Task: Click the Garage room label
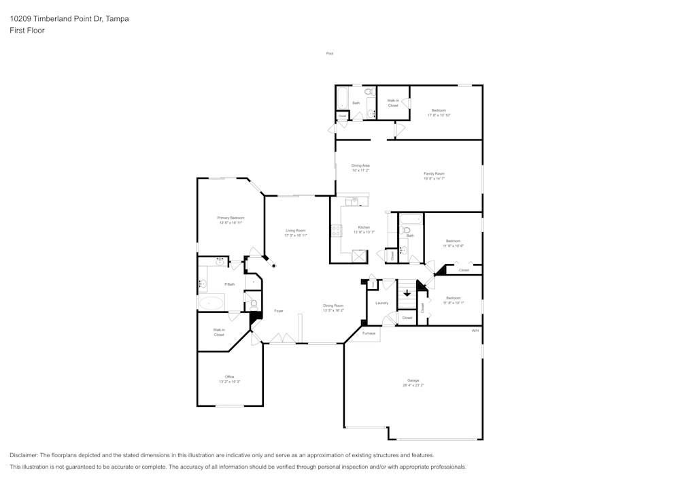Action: [x=413, y=380]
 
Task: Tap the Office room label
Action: [x=230, y=377]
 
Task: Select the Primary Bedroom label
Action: [x=231, y=218]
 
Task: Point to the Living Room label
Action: [x=295, y=231]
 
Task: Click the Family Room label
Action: [x=434, y=174]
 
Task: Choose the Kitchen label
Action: [x=364, y=227]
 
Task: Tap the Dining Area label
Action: [x=360, y=165]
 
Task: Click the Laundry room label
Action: [x=381, y=303]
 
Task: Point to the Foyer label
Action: [x=279, y=311]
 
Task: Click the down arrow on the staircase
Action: [x=407, y=293]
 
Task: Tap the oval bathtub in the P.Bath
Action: [x=211, y=303]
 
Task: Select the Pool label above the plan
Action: [x=330, y=53]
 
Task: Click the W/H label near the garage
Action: [x=475, y=331]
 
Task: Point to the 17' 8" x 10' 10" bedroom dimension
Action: [x=439, y=115]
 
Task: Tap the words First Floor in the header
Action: [x=27, y=31]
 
